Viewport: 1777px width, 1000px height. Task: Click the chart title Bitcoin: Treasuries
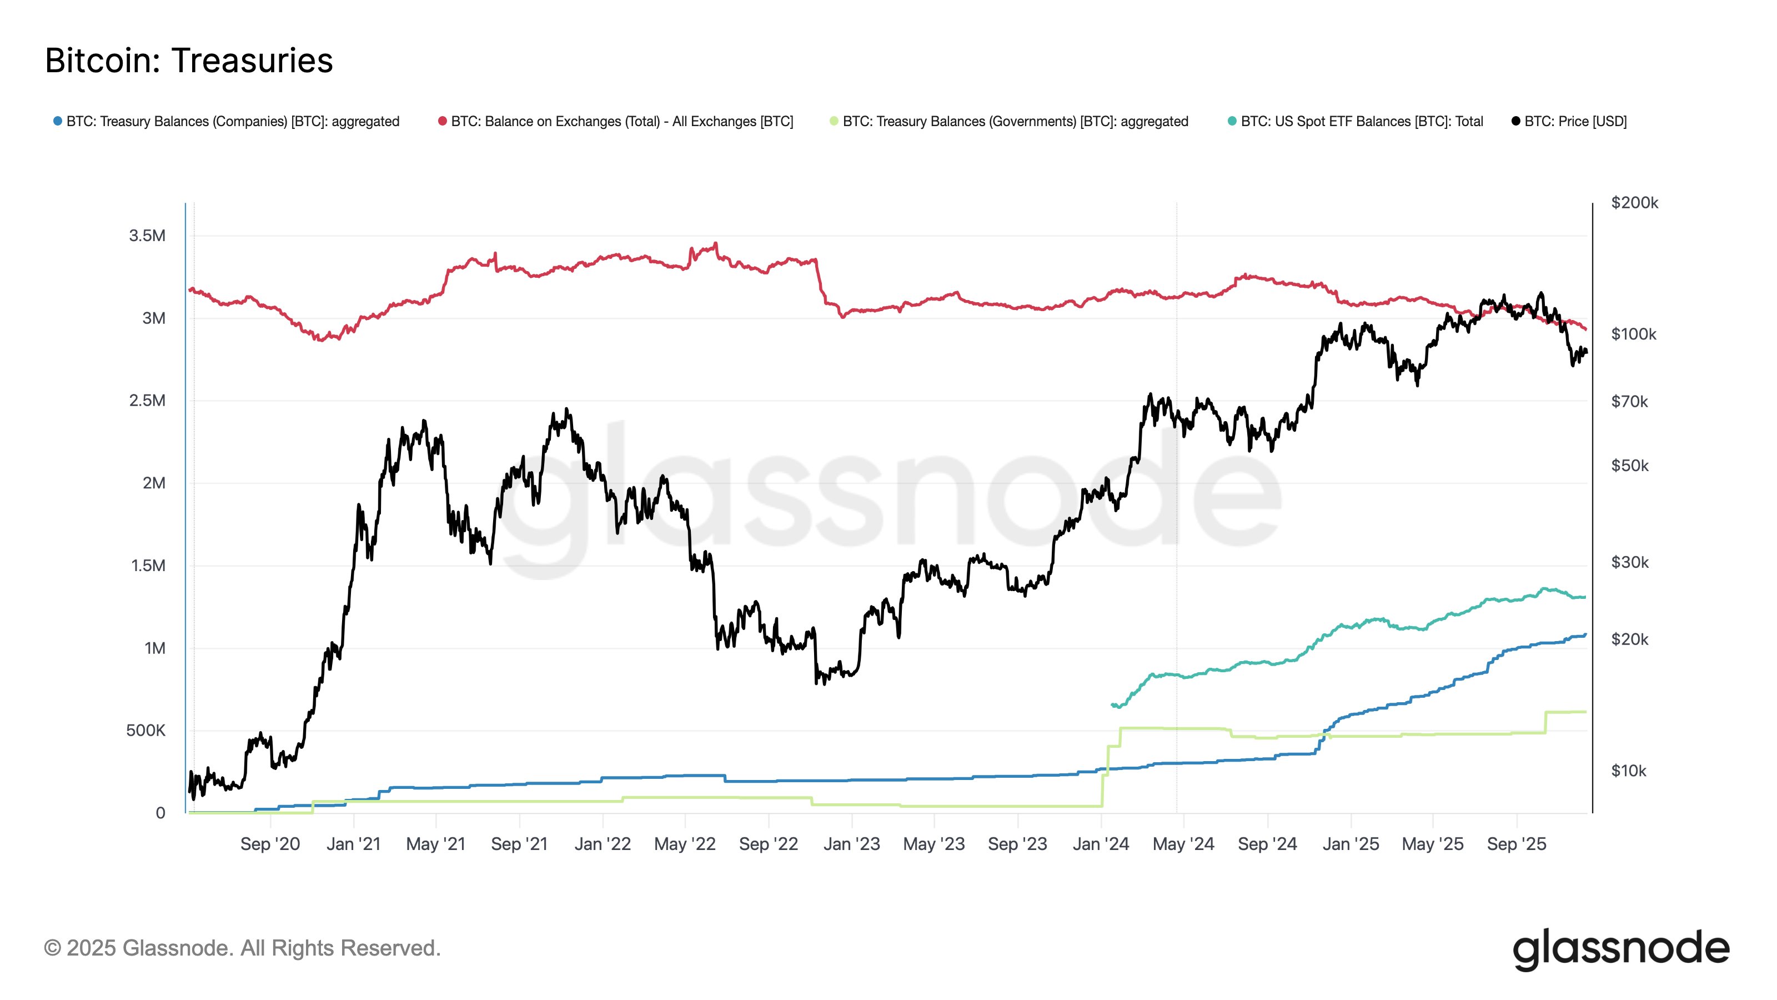pos(189,61)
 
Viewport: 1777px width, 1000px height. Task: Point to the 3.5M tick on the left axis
pos(147,236)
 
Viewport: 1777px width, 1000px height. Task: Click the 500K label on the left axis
pos(145,731)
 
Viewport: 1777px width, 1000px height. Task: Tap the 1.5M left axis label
pos(148,566)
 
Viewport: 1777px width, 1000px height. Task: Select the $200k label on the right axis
pos(1634,203)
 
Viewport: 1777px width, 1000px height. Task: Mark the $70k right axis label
pos(1629,402)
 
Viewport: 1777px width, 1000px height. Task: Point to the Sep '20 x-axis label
pos(270,844)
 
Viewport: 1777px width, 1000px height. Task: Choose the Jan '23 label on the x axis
pos(851,844)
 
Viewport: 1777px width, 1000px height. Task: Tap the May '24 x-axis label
pos(1183,844)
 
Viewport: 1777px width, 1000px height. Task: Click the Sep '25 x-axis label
pos(1516,844)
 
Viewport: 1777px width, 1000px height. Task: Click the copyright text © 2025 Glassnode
pos(242,948)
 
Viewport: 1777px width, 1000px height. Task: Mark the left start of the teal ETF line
pos(1113,704)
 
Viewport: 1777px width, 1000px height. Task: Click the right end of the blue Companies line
pos(1585,635)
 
